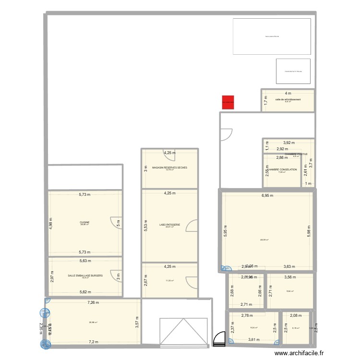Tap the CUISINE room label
click(85, 222)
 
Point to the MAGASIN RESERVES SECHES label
click(169, 168)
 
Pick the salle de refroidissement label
click(288, 99)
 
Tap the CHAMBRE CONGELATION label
click(282, 169)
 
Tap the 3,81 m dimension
click(254, 340)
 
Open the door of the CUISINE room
click(116, 223)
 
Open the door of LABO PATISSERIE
click(191, 225)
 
